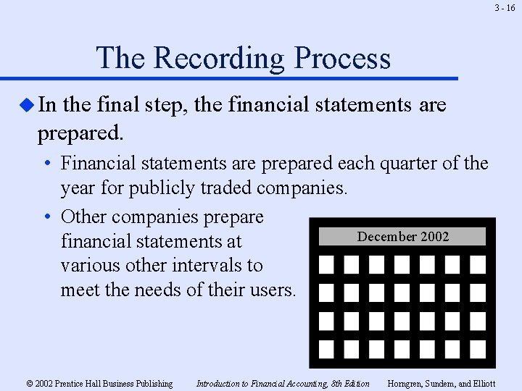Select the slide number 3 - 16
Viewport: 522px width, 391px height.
coord(505,8)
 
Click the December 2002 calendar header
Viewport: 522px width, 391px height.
coord(403,237)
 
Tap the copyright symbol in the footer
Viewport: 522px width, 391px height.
coord(29,384)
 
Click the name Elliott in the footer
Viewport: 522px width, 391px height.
coord(481,384)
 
